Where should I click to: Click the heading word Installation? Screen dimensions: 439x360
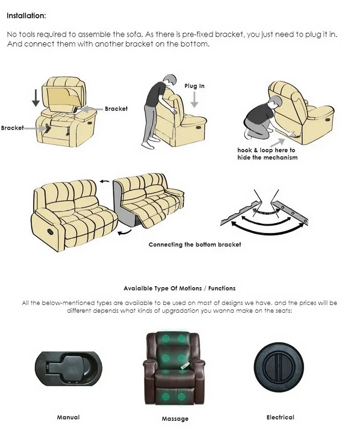pos(26,16)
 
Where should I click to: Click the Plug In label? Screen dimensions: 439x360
pos(194,86)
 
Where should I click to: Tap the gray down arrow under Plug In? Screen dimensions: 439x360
pos(194,99)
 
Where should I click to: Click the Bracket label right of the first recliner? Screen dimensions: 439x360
pos(116,109)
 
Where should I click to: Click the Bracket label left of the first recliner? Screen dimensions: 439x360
pos(12,128)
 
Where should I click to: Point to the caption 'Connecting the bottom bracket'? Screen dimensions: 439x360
pos(194,244)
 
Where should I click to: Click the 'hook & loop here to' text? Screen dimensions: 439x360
pos(266,150)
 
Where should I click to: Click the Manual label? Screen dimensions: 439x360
pos(68,417)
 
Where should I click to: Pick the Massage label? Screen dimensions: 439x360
pos(175,419)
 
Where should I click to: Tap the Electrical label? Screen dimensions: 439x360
pos(280,417)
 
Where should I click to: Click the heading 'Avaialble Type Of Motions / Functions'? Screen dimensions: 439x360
pos(180,288)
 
